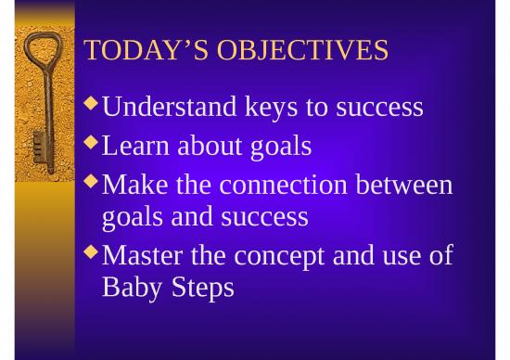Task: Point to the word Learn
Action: (139, 146)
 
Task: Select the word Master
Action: (142, 254)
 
